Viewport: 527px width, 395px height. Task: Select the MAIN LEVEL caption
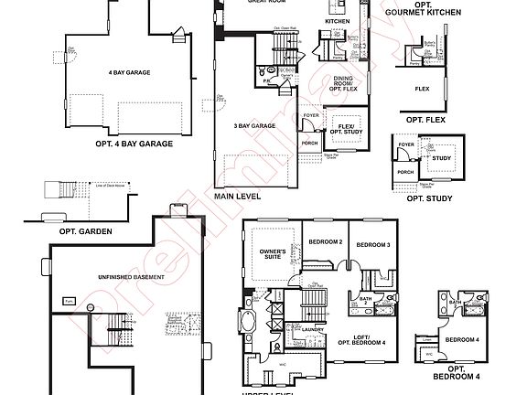tap(237, 196)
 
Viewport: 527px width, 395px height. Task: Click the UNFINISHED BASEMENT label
tap(131, 276)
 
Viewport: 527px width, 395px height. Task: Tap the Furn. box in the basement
tap(69, 300)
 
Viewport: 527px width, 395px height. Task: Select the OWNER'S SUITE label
tap(273, 253)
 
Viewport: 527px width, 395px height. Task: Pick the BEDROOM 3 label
tap(373, 245)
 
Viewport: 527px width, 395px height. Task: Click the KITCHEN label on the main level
tap(338, 20)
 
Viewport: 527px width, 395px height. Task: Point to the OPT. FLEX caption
tap(422, 119)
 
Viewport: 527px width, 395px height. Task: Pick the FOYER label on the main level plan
tap(310, 116)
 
